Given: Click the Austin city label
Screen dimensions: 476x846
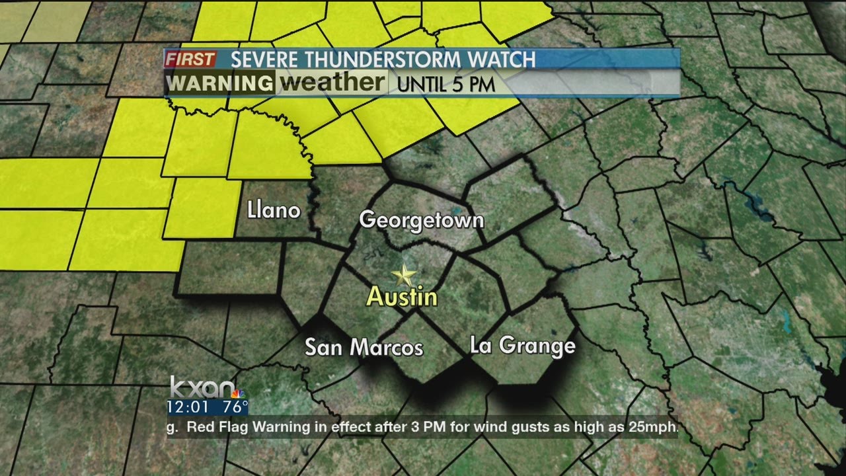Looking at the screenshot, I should (402, 297).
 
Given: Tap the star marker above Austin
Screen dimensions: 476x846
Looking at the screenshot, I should (403, 275).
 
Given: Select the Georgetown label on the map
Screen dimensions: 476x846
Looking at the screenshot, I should (422, 220).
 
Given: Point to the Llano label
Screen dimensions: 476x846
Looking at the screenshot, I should (274, 210).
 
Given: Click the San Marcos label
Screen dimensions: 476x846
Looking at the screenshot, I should (364, 347).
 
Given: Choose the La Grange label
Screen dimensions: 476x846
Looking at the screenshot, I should (522, 345).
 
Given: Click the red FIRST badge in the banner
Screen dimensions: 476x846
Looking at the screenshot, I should (190, 59).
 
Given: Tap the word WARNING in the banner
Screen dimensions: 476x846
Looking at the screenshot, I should (219, 84).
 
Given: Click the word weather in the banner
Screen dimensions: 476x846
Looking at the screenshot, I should (332, 83).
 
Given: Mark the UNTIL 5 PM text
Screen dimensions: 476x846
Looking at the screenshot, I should (446, 85).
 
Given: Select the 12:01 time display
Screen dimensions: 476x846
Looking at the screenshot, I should (188, 406).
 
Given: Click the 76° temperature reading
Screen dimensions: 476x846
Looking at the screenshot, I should (235, 406).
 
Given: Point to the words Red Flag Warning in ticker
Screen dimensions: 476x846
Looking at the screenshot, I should (249, 427).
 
